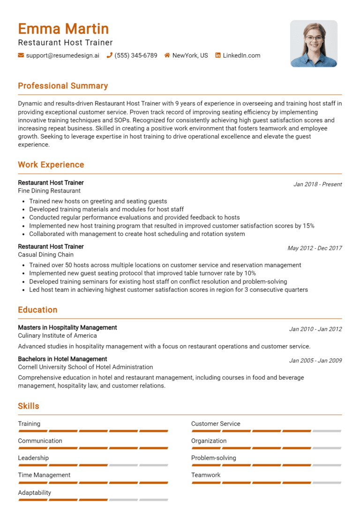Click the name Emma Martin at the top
(63, 29)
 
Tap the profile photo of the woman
(314, 44)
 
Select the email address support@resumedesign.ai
(63, 55)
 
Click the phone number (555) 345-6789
(136, 55)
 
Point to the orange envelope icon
(21, 55)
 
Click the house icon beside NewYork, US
(167, 55)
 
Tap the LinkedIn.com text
(241, 55)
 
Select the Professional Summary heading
(63, 86)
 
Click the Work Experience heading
(51, 164)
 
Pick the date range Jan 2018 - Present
(318, 184)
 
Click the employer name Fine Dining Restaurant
(49, 191)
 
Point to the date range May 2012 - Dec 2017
(315, 248)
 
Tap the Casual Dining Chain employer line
(46, 254)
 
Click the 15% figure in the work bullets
(308, 225)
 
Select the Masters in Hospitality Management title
(67, 327)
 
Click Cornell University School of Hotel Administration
(85, 367)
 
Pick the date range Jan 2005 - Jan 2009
(315, 361)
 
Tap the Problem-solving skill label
(214, 458)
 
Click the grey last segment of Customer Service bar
(327, 431)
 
